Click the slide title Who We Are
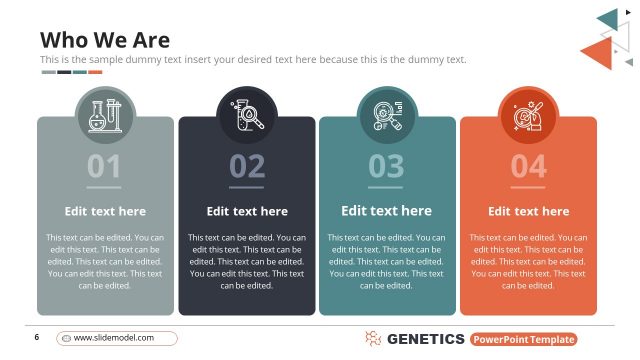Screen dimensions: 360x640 point(105,40)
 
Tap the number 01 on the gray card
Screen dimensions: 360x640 point(104,165)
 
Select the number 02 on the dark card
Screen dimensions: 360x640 point(247,165)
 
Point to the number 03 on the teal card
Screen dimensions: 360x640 point(386,165)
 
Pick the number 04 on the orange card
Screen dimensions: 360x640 point(528,165)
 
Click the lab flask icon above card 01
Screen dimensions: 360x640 point(105,115)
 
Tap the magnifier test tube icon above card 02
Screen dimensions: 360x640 point(247,115)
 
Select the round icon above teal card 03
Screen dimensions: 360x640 point(387,115)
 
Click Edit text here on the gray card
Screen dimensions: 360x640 point(105,211)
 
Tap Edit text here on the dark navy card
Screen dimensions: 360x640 point(247,211)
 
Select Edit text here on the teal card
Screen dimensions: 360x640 point(386,211)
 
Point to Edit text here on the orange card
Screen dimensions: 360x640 point(528,211)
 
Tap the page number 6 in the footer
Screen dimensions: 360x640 point(36,337)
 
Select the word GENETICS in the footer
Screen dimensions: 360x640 point(425,339)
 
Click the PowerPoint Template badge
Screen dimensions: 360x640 point(529,339)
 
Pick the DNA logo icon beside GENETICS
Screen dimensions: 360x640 point(373,339)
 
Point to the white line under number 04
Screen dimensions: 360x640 point(528,187)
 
